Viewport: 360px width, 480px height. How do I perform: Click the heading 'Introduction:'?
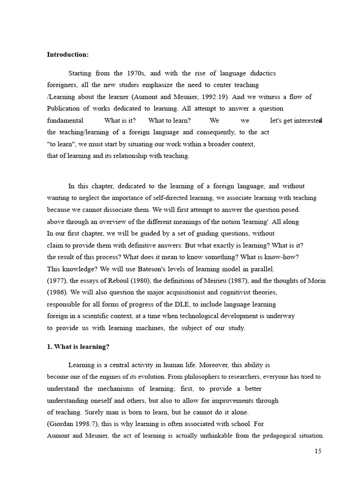(x=67, y=55)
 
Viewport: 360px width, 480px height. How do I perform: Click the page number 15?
(x=318, y=451)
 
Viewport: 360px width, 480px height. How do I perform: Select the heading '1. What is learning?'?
(x=78, y=347)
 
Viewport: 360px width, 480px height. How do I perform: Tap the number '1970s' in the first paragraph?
(x=125, y=74)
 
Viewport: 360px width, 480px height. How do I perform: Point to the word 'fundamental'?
(x=65, y=120)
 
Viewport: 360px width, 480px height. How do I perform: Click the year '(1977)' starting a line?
(x=57, y=281)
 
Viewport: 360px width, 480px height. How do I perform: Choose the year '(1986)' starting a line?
(x=57, y=292)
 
